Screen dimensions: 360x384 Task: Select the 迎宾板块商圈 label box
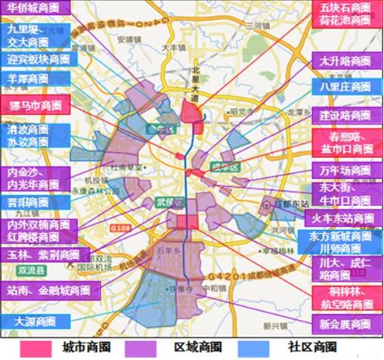(x=37, y=58)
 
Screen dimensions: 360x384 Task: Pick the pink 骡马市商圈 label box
(x=35, y=104)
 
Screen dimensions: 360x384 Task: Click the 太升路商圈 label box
(x=346, y=60)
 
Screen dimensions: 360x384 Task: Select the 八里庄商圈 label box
(x=346, y=85)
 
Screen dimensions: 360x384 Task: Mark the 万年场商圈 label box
(x=346, y=169)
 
